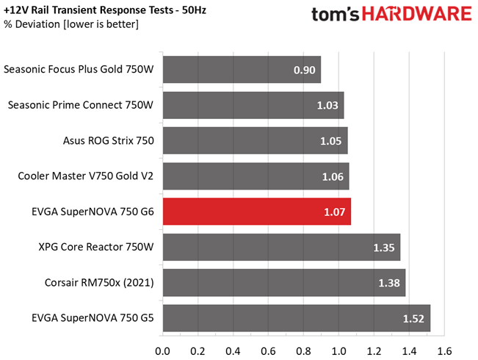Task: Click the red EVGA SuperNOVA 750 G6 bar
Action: pyautogui.click(x=256, y=212)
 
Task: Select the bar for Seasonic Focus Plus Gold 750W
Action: pyautogui.click(x=242, y=70)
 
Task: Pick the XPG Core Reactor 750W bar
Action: pyautogui.click(x=281, y=247)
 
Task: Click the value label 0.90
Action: pyautogui.click(x=304, y=71)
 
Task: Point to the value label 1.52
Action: pyautogui.click(x=414, y=318)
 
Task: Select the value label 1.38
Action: pyautogui.click(x=390, y=283)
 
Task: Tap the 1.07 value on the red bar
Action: pyautogui.click(x=335, y=212)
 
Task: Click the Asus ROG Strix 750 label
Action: pyautogui.click(x=109, y=140)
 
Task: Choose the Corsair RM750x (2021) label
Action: pyautogui.click(x=102, y=282)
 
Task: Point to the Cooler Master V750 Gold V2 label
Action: pyautogui.click(x=86, y=176)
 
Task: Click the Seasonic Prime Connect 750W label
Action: pyautogui.click(x=81, y=105)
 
